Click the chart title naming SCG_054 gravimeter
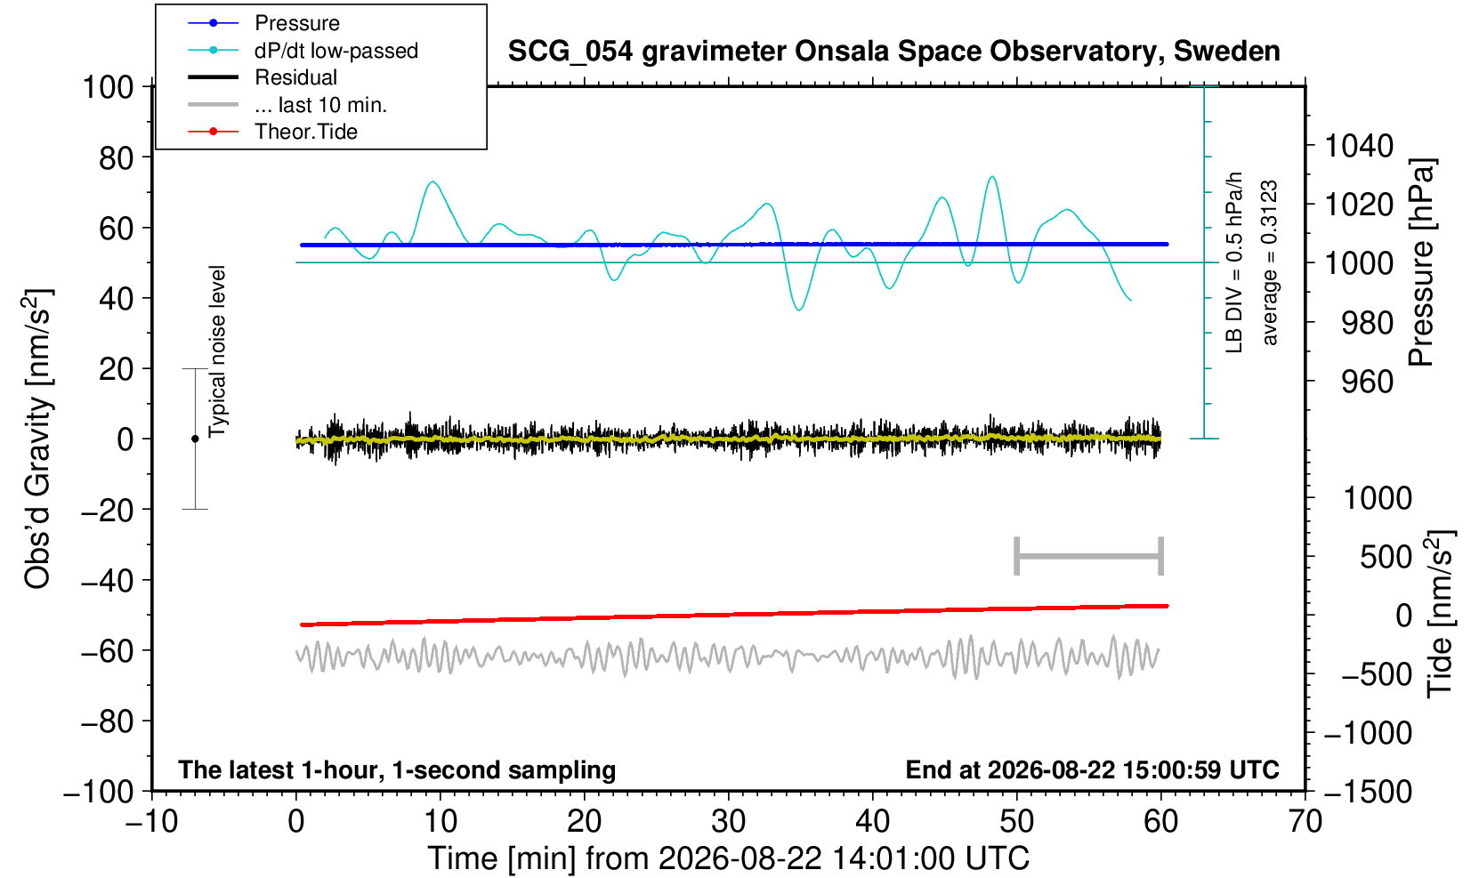point(893,52)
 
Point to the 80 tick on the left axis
point(117,158)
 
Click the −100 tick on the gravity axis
point(99,792)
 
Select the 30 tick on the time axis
point(728,822)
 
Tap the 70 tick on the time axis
point(1305,822)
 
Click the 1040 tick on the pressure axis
point(1359,145)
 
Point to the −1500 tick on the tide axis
point(1368,792)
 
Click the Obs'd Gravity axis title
point(37,439)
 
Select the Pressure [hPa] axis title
point(1422,262)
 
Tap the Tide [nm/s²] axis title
point(1440,614)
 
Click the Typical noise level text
point(217,351)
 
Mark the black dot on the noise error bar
point(195,439)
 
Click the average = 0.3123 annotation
point(1269,262)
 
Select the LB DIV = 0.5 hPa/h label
point(1234,262)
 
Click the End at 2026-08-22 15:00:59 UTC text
point(1092,769)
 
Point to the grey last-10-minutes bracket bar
point(1089,556)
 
